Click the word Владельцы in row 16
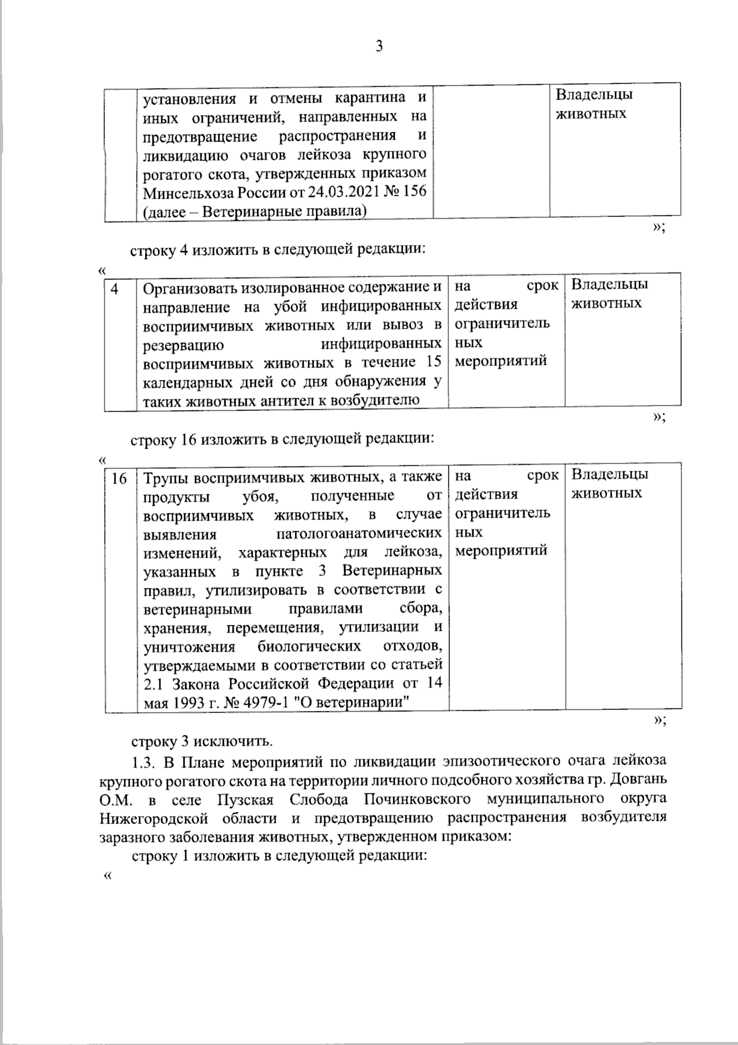[x=609, y=474]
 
